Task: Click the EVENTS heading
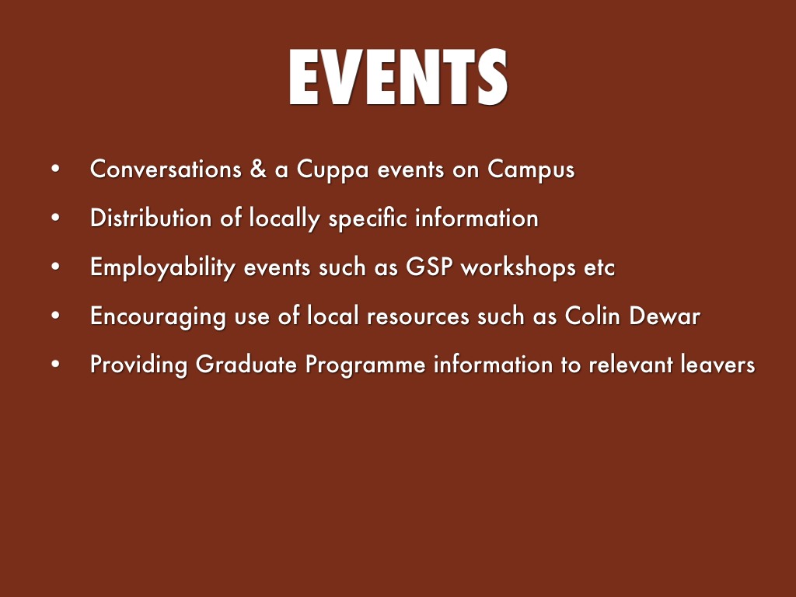[x=398, y=79]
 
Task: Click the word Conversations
[x=166, y=169]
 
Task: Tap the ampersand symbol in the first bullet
[x=257, y=169]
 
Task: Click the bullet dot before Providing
[x=55, y=365]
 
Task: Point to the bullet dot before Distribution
[x=55, y=218]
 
